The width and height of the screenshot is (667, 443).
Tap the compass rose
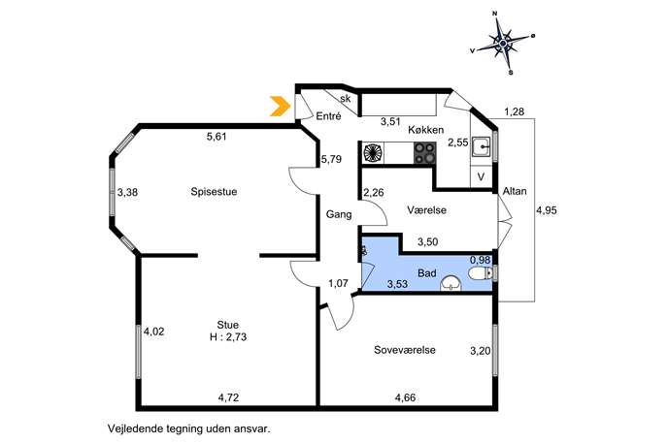coord(503,43)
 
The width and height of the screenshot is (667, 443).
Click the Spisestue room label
coord(214,192)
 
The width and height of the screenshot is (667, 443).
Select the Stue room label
coord(227,325)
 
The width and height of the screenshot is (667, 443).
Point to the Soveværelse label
coord(405,350)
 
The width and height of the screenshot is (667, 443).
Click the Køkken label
coord(426,130)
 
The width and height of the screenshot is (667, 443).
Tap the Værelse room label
coord(426,209)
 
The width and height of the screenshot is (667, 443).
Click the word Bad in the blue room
coord(427,272)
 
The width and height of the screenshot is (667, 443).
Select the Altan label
coord(515,191)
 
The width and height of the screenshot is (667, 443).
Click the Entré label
coord(328,116)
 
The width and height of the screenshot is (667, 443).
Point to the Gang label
coord(339,214)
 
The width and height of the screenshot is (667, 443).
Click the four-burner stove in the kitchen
coord(425,153)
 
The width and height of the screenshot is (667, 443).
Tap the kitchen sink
coord(482,146)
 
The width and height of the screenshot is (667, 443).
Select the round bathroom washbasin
coord(450,284)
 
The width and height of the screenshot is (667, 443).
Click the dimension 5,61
coord(217,137)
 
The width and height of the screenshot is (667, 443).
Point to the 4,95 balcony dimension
coord(547,210)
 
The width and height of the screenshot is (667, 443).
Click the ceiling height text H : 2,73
coord(228,337)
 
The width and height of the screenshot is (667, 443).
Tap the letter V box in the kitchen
coord(482,176)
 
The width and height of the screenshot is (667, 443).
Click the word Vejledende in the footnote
coord(131,428)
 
